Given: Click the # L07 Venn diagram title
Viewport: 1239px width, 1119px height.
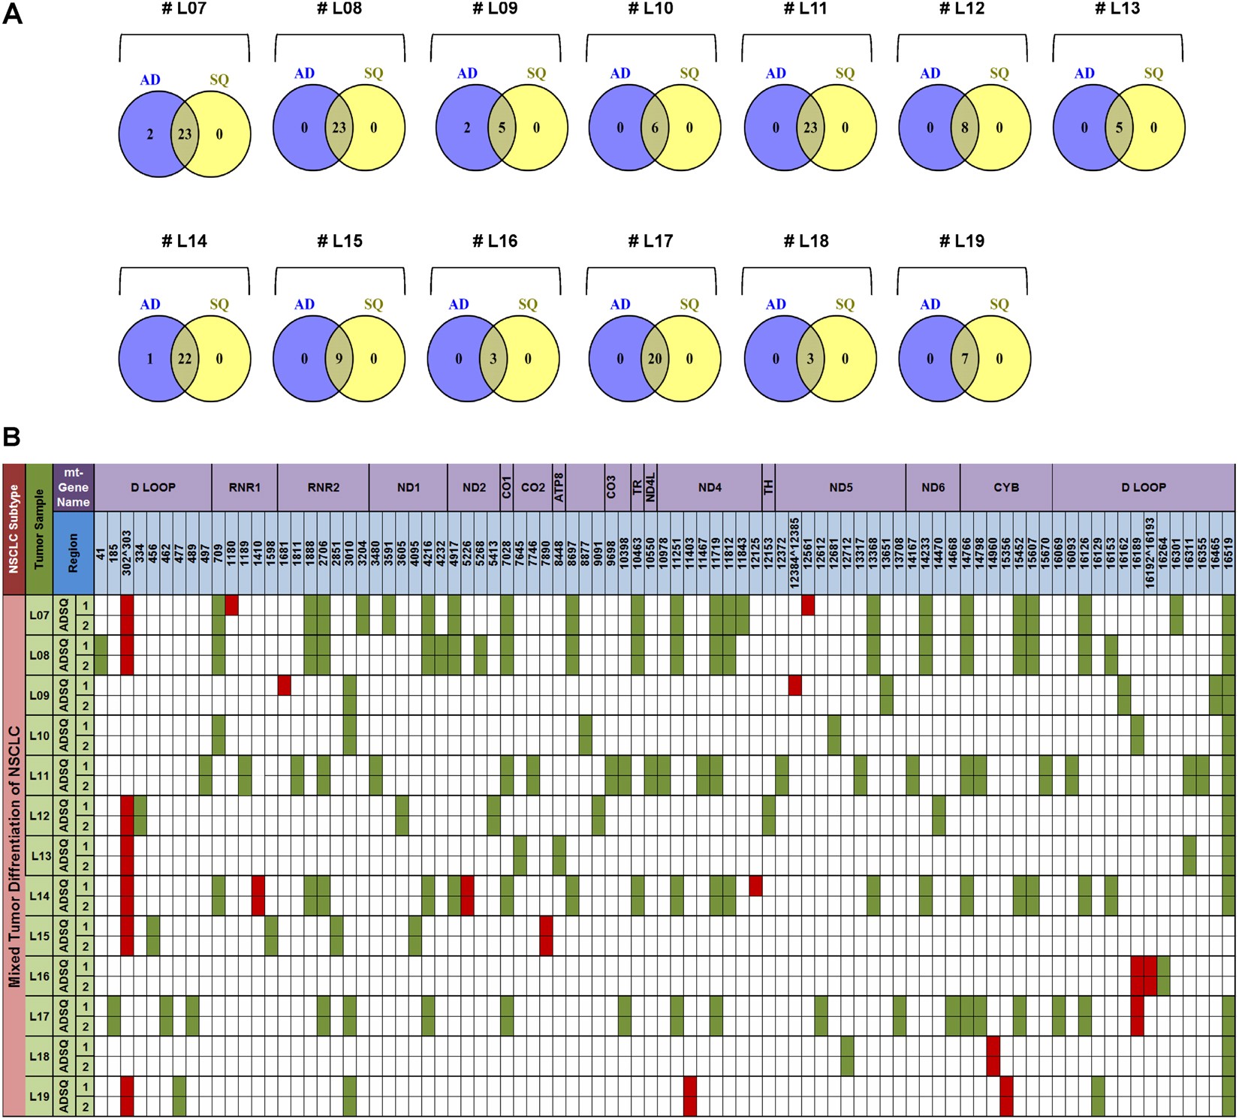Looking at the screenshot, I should tap(184, 10).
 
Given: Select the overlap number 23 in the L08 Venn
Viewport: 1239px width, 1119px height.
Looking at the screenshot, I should tap(339, 128).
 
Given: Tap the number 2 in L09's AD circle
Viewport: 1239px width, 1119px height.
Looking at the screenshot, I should tap(466, 128).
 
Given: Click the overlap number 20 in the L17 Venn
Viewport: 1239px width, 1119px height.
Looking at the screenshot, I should tap(655, 359).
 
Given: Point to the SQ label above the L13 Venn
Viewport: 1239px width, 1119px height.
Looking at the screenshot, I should tap(1153, 74).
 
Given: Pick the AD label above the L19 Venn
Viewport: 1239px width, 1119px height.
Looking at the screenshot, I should tap(930, 305).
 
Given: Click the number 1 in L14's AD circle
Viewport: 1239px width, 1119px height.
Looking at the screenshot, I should tap(150, 359).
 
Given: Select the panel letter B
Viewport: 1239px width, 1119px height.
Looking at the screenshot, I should tap(11, 437).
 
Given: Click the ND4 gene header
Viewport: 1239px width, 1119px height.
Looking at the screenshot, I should tap(710, 488).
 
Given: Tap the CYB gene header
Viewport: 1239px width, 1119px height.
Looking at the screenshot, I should tap(1006, 488).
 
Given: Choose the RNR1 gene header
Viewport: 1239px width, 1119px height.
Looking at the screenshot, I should tap(245, 488).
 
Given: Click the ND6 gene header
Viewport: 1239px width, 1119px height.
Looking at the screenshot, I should tap(933, 488).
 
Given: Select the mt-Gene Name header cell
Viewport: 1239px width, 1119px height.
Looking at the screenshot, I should tap(74, 488).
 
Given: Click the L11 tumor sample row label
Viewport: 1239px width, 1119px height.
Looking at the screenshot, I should tap(39, 776).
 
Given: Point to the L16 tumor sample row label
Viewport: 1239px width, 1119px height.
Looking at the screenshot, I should tap(39, 976).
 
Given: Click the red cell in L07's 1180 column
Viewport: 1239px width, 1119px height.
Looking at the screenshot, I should tap(232, 605).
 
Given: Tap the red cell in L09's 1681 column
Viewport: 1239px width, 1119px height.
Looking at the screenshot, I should tap(285, 685).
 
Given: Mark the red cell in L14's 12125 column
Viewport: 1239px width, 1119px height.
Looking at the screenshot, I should tap(755, 886).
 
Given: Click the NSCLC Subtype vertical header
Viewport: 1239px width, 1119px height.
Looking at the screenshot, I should tap(14, 529).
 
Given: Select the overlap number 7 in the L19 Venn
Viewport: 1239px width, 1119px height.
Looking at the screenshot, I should tap(965, 359).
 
